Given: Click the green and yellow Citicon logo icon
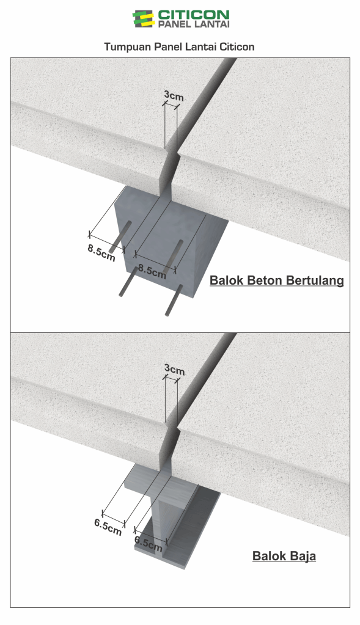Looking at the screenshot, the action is tap(143, 19).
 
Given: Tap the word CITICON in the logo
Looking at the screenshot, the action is tap(194, 15).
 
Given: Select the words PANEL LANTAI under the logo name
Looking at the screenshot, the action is tap(194, 24).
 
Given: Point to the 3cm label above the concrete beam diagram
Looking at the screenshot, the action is tap(174, 96).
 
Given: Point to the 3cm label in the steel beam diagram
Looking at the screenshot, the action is tap(175, 370).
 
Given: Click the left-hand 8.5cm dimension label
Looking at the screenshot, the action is tap(101, 253).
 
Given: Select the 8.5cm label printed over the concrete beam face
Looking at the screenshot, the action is tap(152, 271).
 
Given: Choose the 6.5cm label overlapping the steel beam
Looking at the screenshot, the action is tap(149, 543).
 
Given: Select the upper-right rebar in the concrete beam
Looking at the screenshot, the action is tap(175, 255).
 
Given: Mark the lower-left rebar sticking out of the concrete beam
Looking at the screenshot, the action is tap(128, 282).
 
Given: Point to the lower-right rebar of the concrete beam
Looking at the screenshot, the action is tap(174, 300).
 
